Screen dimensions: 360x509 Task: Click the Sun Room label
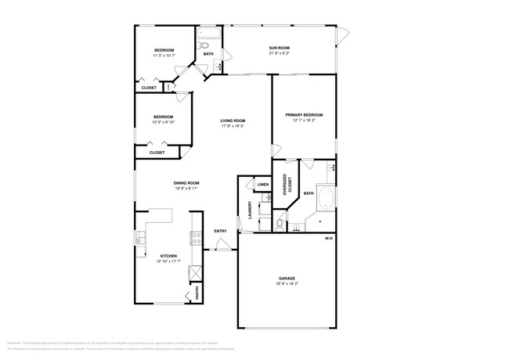click(x=280, y=49)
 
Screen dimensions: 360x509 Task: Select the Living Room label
click(x=233, y=121)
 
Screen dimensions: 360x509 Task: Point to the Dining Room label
click(x=186, y=183)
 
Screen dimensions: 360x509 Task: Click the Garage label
click(x=287, y=279)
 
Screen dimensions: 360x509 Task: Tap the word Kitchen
click(x=168, y=256)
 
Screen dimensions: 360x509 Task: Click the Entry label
click(x=220, y=231)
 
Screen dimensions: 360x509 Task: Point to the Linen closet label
click(x=262, y=185)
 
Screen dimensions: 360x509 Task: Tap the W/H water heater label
click(x=329, y=238)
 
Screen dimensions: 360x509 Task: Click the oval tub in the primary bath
click(x=323, y=199)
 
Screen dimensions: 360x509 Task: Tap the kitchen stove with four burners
click(x=194, y=239)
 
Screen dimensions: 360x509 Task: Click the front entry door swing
click(x=224, y=245)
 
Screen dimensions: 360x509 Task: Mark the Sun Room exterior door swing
click(x=341, y=35)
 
